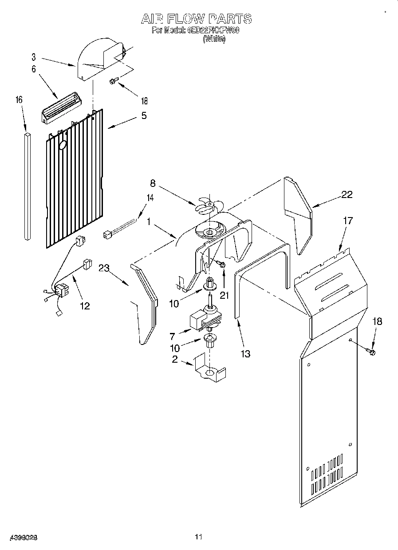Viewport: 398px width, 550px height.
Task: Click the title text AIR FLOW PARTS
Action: click(196, 19)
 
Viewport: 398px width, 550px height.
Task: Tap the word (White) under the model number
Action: click(214, 39)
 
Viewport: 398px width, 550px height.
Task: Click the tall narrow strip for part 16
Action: click(28, 186)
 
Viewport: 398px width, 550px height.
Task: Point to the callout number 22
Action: click(347, 194)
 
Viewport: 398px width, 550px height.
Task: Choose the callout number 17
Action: click(348, 220)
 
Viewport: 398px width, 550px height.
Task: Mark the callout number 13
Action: click(245, 353)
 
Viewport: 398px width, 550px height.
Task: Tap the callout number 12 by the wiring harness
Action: click(84, 305)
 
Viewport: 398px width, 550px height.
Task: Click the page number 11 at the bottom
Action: click(198, 537)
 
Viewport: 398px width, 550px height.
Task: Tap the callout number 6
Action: click(33, 69)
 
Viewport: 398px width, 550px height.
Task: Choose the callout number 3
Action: click(33, 56)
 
